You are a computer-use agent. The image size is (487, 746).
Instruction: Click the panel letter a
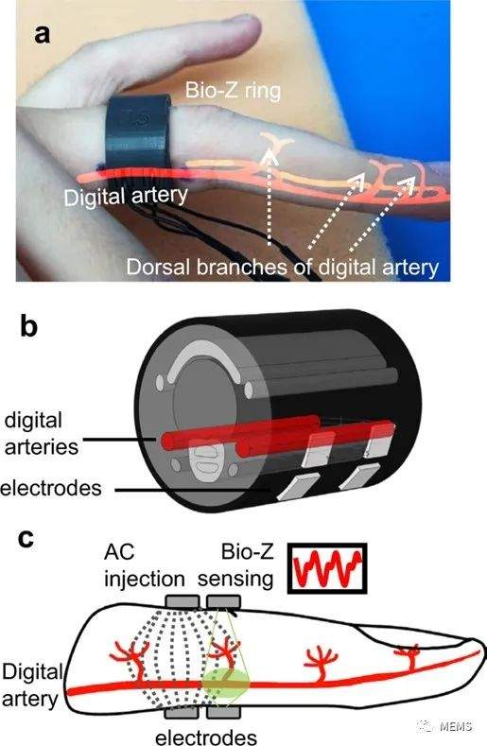[42, 34]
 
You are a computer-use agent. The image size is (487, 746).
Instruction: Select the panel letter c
[26, 539]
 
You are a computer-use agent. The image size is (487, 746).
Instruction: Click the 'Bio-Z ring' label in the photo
[233, 91]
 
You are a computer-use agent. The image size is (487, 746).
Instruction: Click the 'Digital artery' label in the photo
[126, 196]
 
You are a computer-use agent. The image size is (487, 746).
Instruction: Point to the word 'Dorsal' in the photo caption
[159, 267]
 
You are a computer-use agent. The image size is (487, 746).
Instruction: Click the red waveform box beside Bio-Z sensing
[327, 568]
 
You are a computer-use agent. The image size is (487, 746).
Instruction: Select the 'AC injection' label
[145, 565]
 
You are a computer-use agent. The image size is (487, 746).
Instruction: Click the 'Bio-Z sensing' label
[235, 565]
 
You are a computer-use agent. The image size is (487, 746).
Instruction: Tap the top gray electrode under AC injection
[182, 602]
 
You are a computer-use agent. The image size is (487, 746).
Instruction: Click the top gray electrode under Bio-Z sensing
[224, 602]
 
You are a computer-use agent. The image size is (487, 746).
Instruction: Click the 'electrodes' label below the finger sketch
[206, 737]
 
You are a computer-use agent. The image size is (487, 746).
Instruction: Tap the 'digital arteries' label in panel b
[42, 433]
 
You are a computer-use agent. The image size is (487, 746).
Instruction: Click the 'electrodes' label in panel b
[51, 488]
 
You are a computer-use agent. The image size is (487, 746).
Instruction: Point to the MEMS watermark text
[456, 726]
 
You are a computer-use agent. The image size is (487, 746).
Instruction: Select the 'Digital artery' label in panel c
[32, 685]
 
